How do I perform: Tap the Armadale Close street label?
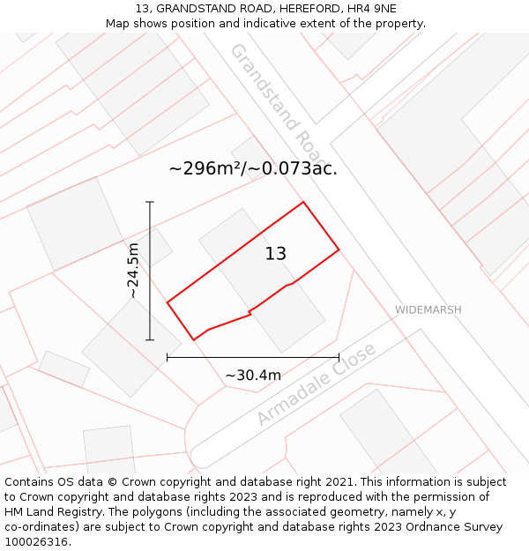pyautogui.click(x=317, y=384)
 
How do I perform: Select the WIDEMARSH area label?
pyautogui.click(x=428, y=310)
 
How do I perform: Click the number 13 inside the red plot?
pyautogui.click(x=275, y=254)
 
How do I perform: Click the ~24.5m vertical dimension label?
pyautogui.click(x=132, y=271)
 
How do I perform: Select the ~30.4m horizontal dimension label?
pyautogui.click(x=253, y=376)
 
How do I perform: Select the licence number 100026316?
pyautogui.click(x=36, y=542)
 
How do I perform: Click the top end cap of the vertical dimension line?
pyautogui.click(x=150, y=203)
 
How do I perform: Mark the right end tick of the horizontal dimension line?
pyautogui.click(x=339, y=357)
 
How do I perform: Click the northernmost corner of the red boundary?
pyautogui.click(x=303, y=202)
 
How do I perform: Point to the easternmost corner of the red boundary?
pyautogui.click(x=339, y=249)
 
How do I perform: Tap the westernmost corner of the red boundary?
pyautogui.click(x=168, y=302)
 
